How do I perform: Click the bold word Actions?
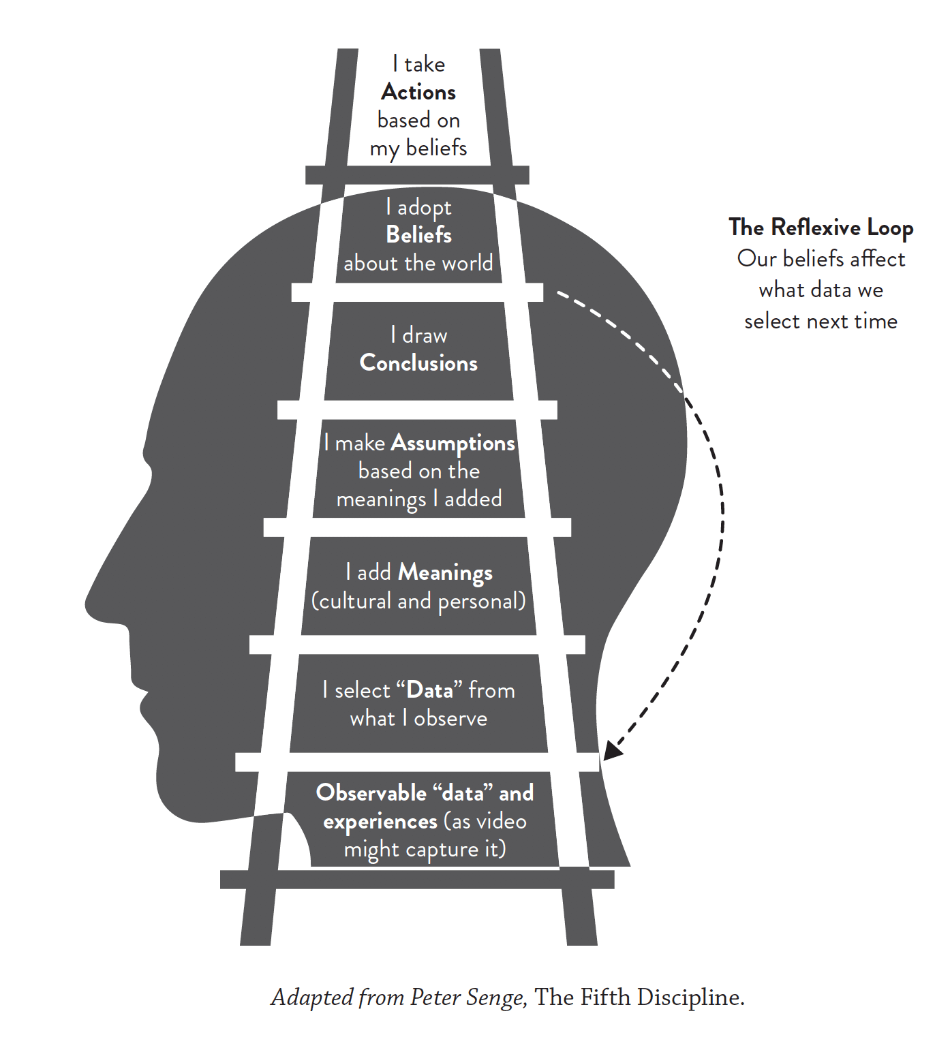[418, 92]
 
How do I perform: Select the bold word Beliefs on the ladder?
[418, 235]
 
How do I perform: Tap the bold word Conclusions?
[418, 363]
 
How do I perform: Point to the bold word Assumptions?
[453, 444]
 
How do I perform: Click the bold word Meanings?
[445, 573]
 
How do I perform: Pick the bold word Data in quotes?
[429, 691]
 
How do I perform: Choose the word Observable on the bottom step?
[371, 793]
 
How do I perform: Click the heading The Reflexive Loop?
[821, 228]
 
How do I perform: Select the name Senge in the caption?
[496, 997]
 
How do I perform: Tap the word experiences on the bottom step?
[380, 822]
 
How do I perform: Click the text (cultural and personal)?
[418, 602]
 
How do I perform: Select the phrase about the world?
[418, 264]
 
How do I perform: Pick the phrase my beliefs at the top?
[418, 149]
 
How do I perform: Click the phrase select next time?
[821, 322]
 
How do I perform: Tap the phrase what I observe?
[418, 719]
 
